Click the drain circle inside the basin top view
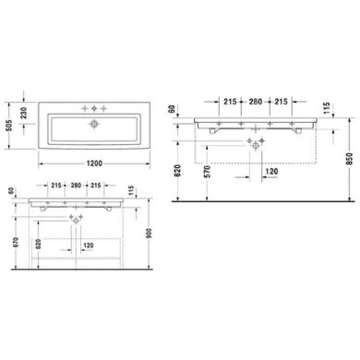coord(94,123)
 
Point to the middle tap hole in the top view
coord(94,109)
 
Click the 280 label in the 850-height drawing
coord(256,102)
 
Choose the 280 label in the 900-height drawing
coord(76,185)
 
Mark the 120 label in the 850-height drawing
coord(271,171)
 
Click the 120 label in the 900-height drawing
coord(88,246)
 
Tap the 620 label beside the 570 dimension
coord(177,170)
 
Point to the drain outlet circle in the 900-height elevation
coord(76,220)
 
